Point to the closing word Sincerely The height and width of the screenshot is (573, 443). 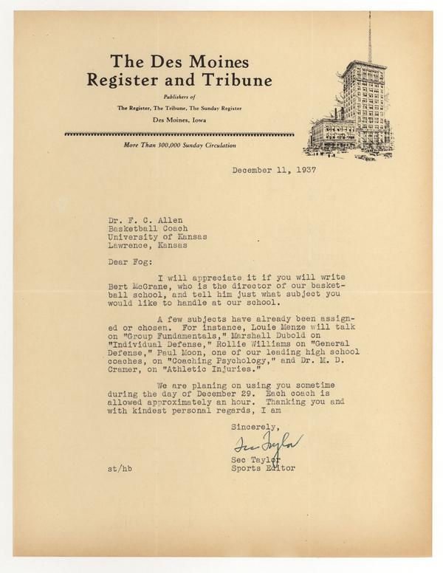tap(255, 426)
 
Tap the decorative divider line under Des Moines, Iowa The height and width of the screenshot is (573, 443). tap(179, 134)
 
